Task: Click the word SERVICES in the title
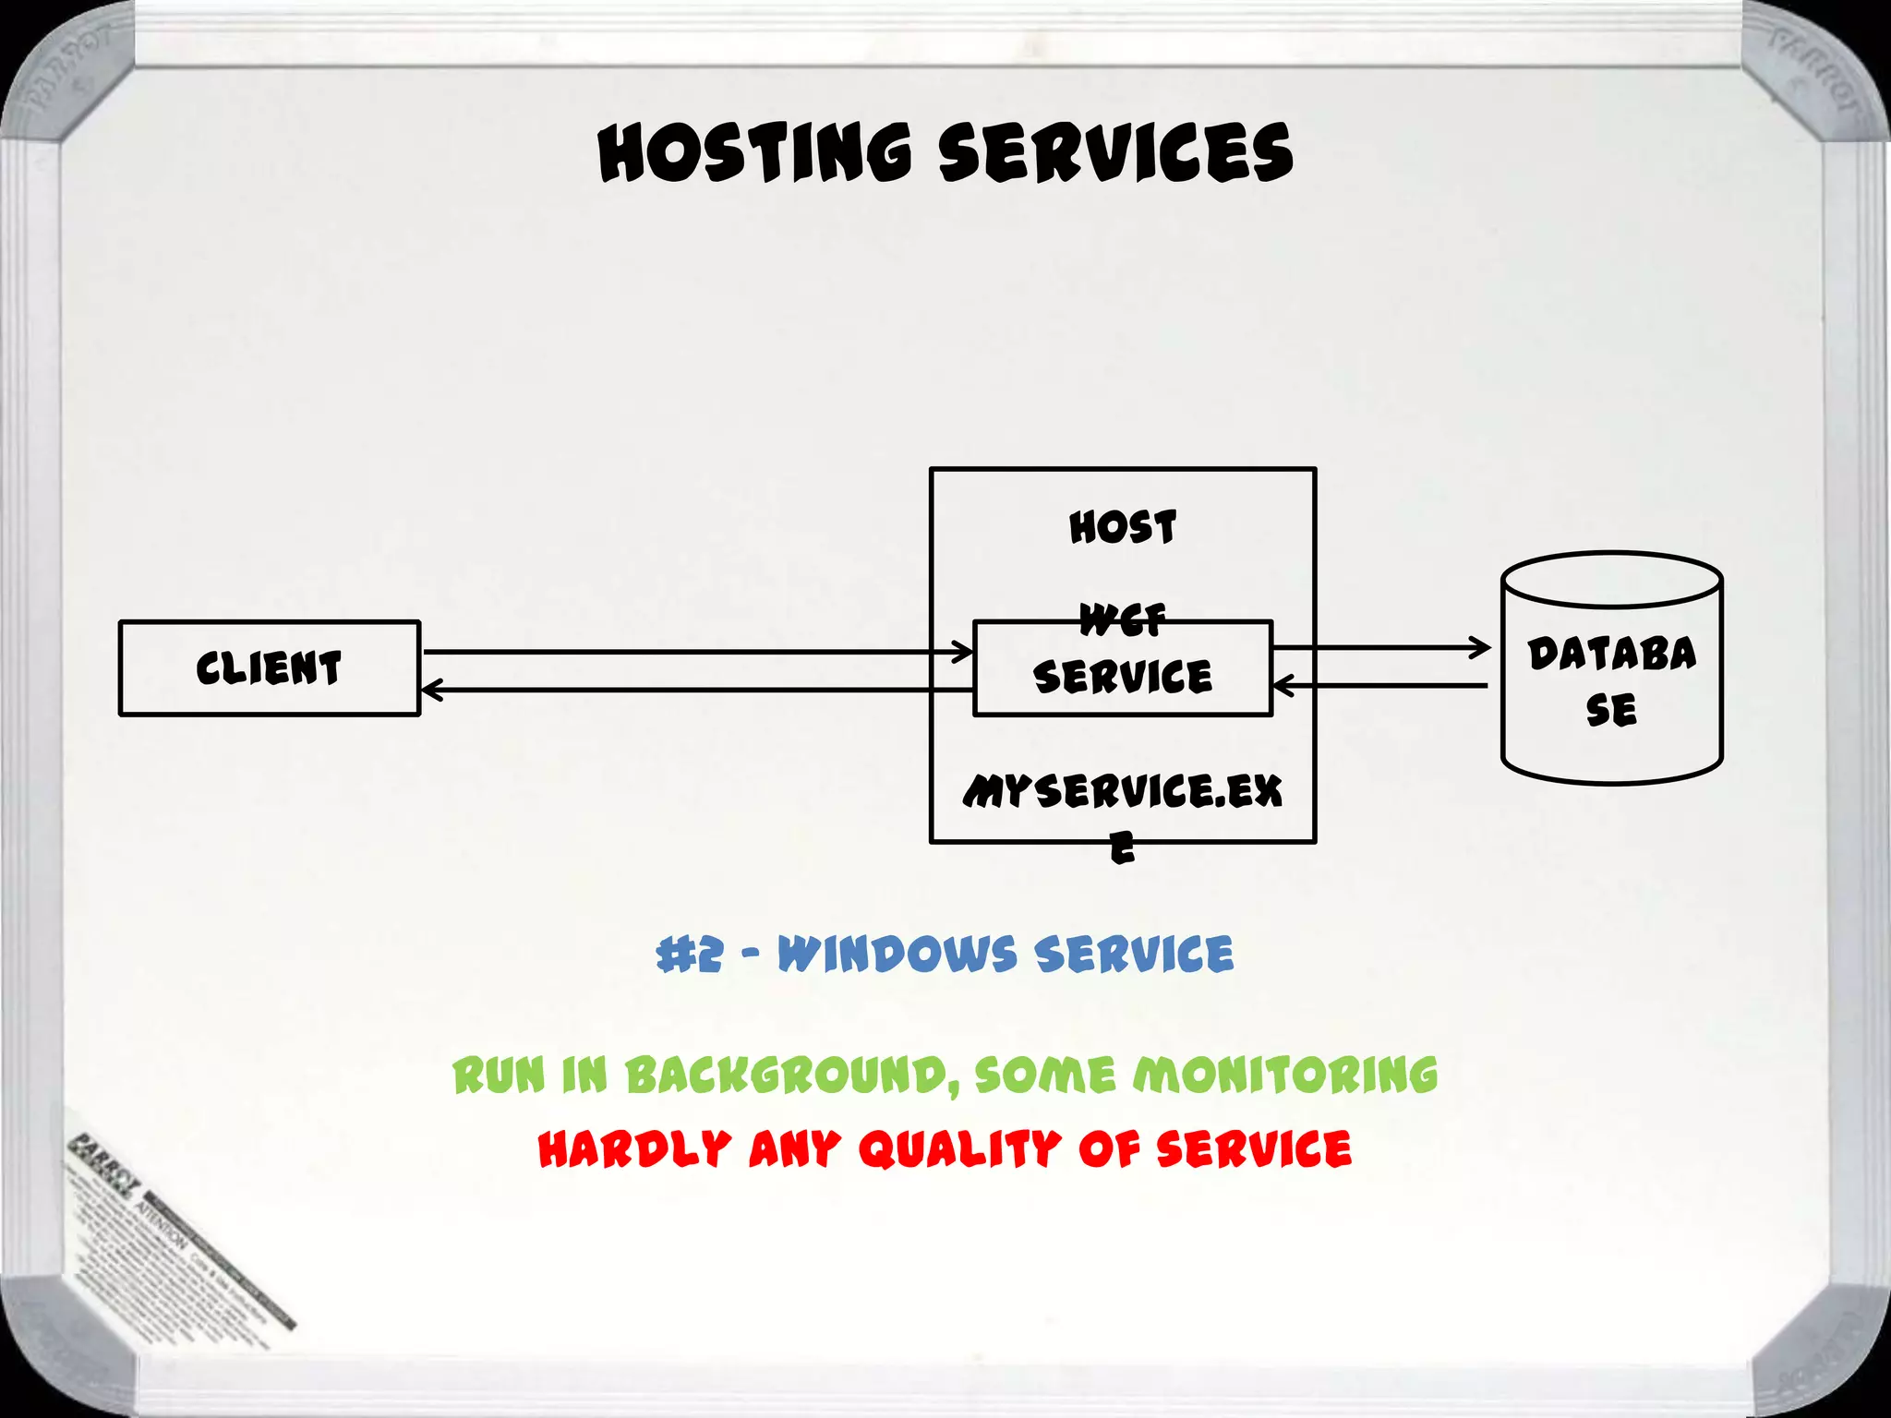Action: tap(1115, 152)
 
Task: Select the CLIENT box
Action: tap(269, 667)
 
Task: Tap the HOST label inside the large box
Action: tap(1123, 528)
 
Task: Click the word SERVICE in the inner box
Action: tap(1123, 677)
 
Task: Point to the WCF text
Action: tap(1123, 619)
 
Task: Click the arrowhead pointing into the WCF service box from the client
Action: tap(964, 652)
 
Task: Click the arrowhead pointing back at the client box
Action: tap(430, 690)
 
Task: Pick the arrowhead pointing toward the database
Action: tap(1481, 647)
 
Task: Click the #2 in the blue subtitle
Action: tap(689, 955)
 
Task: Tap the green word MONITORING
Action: tap(1285, 1076)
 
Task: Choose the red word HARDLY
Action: tap(634, 1149)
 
